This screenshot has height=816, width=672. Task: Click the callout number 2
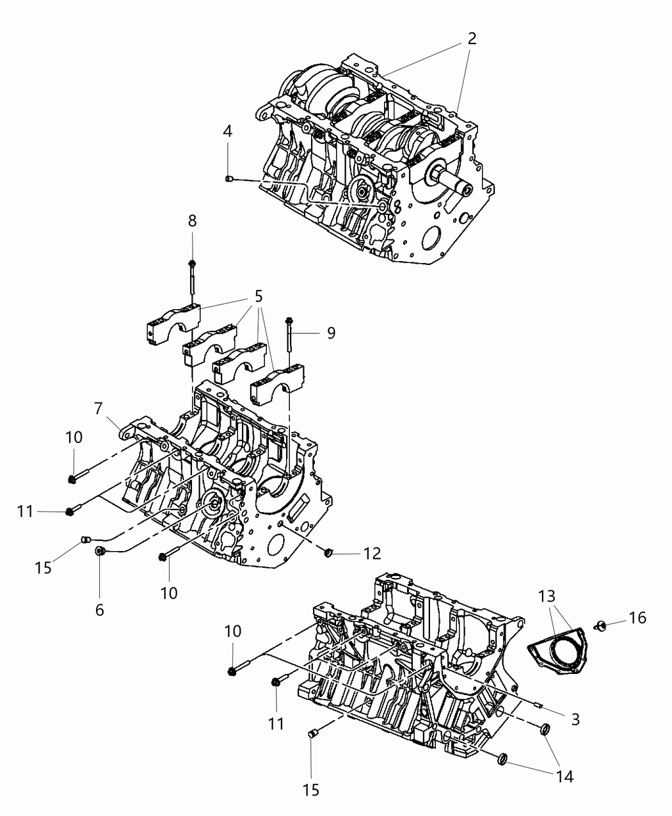[472, 38]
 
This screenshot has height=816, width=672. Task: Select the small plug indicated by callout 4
[228, 179]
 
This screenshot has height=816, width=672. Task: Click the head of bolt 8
[192, 263]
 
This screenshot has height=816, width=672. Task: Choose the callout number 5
[258, 296]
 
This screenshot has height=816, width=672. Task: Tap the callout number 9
[330, 333]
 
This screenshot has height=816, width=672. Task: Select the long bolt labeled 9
[291, 336]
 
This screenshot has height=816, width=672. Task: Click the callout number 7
[99, 407]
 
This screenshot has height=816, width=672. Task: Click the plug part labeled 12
[329, 552]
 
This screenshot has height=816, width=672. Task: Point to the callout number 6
[99, 610]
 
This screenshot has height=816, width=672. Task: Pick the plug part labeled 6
[100, 551]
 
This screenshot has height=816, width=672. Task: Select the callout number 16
[637, 618]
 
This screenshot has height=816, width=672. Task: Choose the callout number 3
[575, 719]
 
